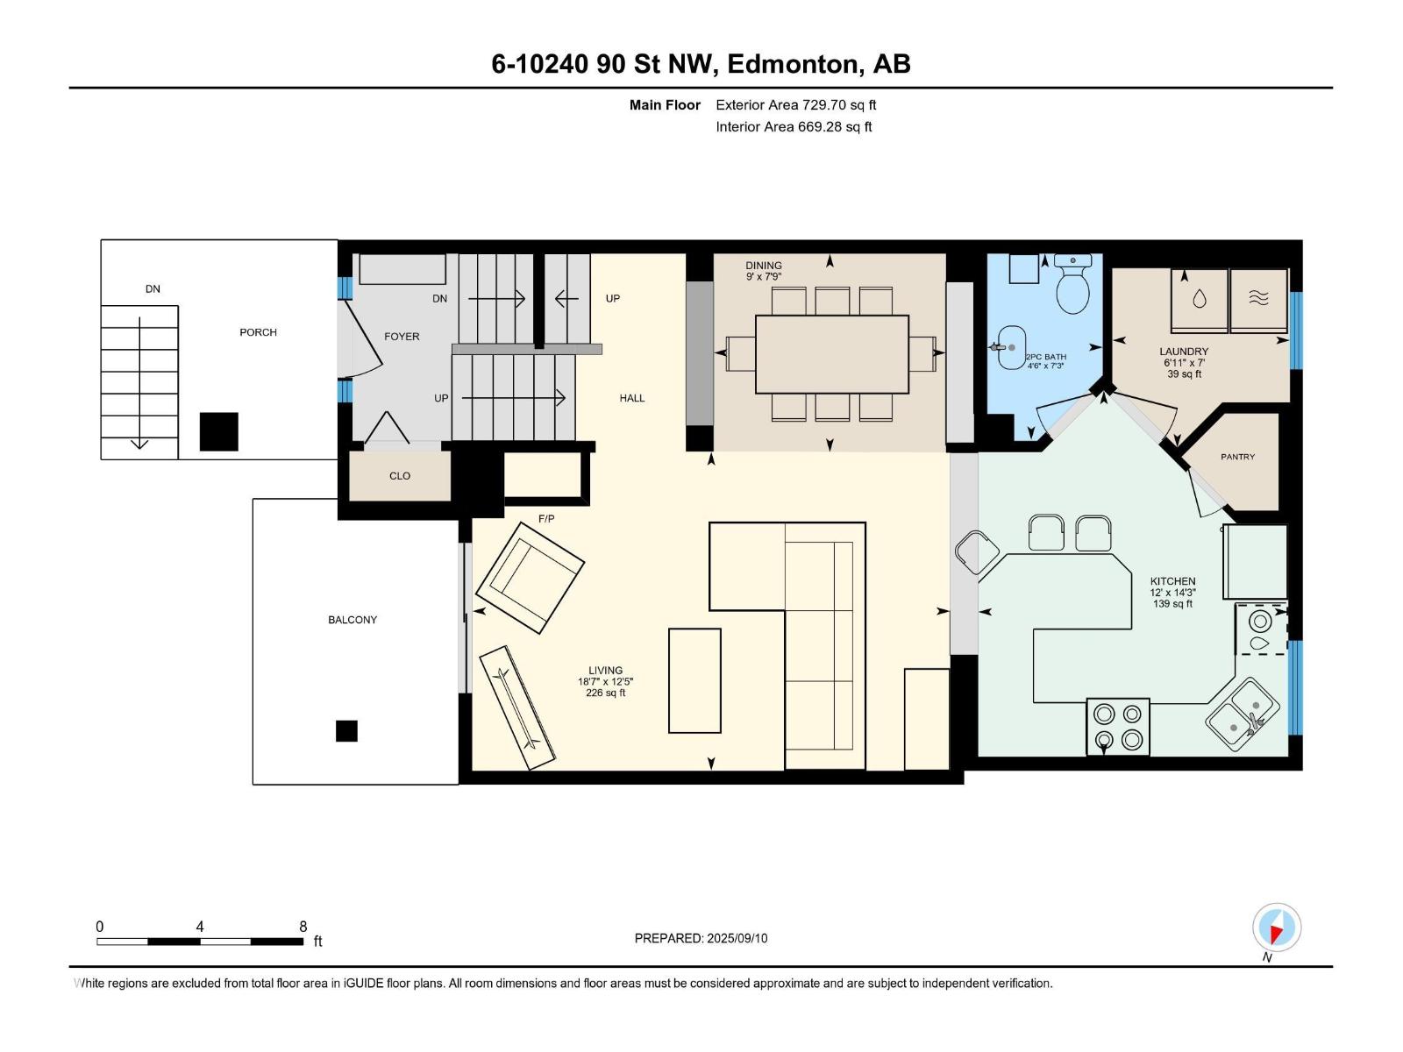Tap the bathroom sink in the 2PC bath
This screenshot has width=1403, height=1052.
pos(1012,348)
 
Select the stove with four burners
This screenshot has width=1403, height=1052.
pos(1118,727)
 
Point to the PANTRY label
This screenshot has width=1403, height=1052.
pos(1237,457)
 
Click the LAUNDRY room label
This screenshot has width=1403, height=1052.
pos(1184,352)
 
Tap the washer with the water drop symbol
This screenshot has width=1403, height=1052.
pos(1199,300)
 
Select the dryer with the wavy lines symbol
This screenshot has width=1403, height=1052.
pos(1258,300)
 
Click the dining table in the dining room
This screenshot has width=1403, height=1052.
pos(831,354)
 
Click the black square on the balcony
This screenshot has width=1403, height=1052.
pos(346,730)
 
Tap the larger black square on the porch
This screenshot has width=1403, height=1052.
pos(218,431)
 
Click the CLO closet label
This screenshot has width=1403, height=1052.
pos(400,476)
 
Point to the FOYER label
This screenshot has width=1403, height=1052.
pos(402,337)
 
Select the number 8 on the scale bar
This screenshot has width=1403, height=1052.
pos(303,927)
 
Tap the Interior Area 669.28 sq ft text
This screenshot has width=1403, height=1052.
pos(794,127)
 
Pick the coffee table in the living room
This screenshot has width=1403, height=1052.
pos(694,680)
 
